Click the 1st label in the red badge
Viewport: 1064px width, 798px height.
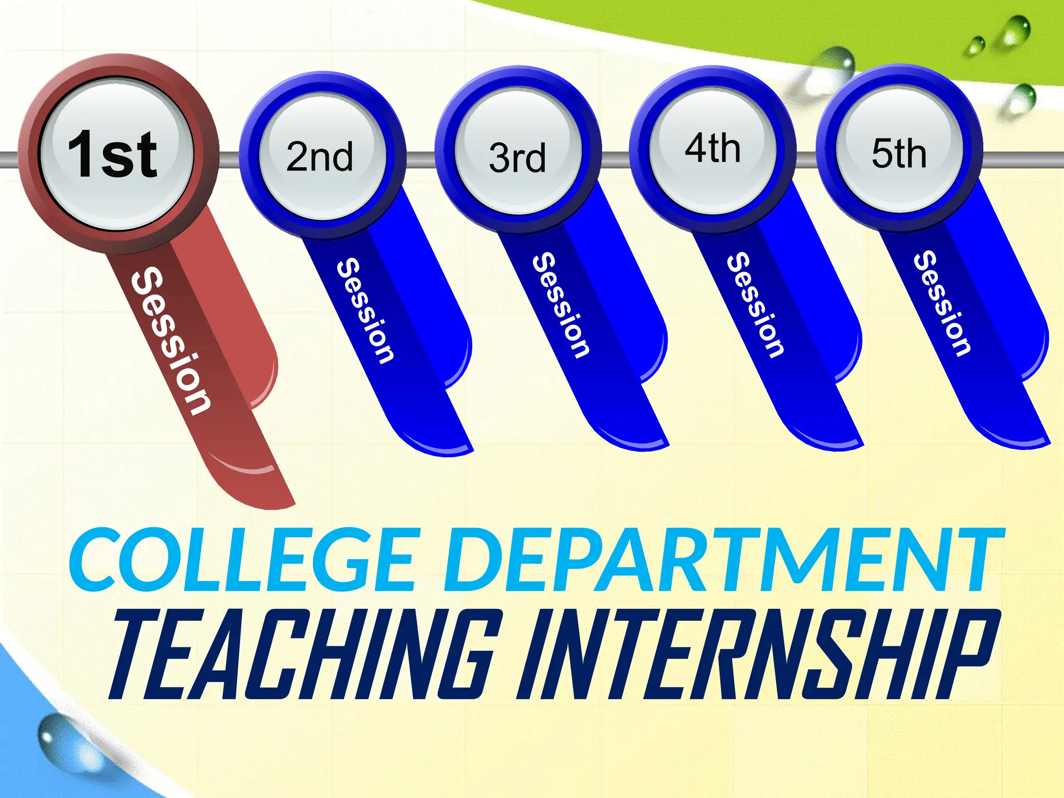pyautogui.click(x=112, y=154)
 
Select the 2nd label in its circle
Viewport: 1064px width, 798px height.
pyautogui.click(x=320, y=156)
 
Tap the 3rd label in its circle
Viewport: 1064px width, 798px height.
pyautogui.click(x=517, y=158)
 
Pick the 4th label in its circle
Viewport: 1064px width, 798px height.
pyautogui.click(x=713, y=149)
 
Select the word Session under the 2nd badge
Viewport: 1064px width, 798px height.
pyautogui.click(x=365, y=310)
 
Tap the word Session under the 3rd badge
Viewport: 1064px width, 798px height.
pyautogui.click(x=561, y=305)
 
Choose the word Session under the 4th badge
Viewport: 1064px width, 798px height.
pyautogui.click(x=755, y=305)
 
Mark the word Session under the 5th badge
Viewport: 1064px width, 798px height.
pyautogui.click(x=942, y=304)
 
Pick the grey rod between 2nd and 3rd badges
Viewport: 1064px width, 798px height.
pyautogui.click(x=421, y=159)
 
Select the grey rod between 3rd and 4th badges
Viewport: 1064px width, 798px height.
pyautogui.click(x=616, y=159)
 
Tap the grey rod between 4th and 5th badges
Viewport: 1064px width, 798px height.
pyautogui.click(x=806, y=159)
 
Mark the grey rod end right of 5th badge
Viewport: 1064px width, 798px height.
pyautogui.click(x=1023, y=159)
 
